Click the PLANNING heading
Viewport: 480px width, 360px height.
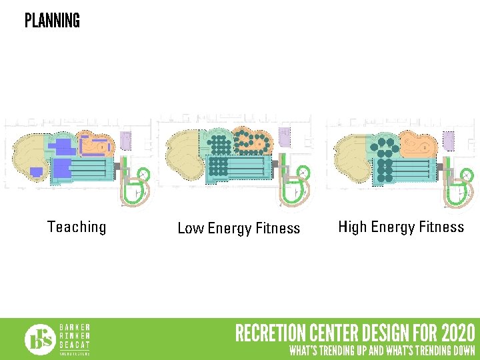pyautogui.click(x=52, y=21)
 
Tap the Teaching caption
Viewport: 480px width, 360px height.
pyautogui.click(x=77, y=227)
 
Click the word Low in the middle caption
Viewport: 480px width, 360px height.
pyautogui.click(x=191, y=229)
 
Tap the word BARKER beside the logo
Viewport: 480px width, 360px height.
pyautogui.click(x=75, y=327)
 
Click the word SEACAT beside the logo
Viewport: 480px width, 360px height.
pyautogui.click(x=75, y=344)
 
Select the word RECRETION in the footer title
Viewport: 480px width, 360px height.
pyautogui.click(x=270, y=333)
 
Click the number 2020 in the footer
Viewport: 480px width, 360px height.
pyautogui.click(x=458, y=333)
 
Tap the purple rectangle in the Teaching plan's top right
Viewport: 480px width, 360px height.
pyautogui.click(x=126, y=141)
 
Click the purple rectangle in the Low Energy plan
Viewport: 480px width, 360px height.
pyautogui.click(x=285, y=137)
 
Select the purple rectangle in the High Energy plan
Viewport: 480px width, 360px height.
pyautogui.click(x=449, y=140)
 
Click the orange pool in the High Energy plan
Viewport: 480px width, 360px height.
pyautogui.click(x=417, y=143)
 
